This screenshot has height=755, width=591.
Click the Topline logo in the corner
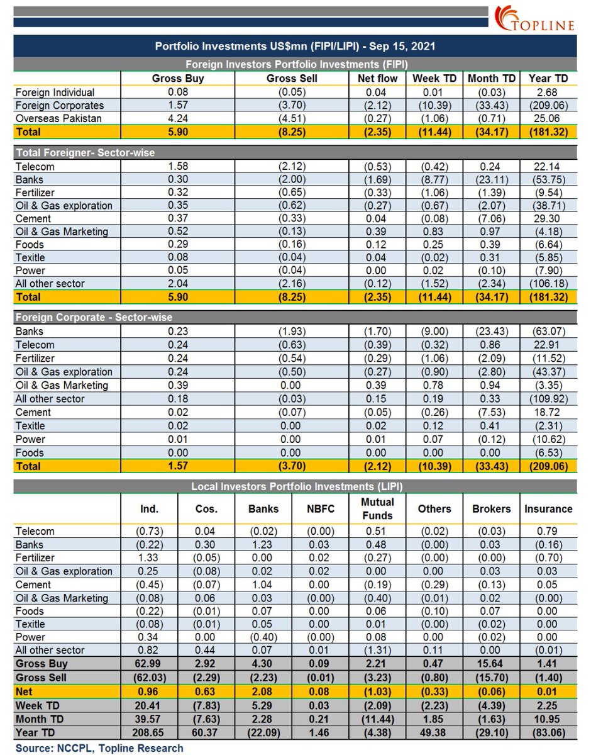click(534, 19)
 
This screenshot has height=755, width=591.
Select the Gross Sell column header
click(292, 79)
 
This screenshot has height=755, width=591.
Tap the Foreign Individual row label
click(55, 92)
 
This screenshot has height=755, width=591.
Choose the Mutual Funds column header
click(377, 508)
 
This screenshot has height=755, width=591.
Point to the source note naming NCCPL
click(99, 748)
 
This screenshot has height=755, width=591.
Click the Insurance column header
click(548, 508)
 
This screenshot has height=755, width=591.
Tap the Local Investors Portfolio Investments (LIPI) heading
click(295, 486)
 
